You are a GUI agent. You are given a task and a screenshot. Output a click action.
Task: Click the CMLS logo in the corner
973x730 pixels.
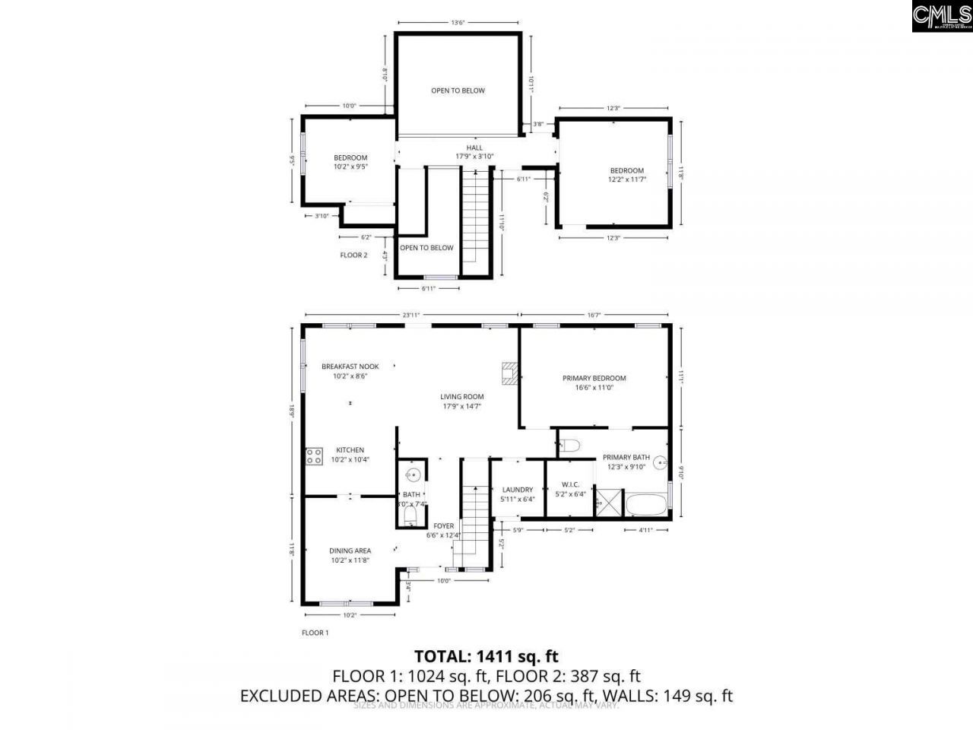pyautogui.click(x=941, y=16)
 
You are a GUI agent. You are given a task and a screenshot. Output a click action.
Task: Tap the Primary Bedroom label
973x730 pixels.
pyautogui.click(x=594, y=382)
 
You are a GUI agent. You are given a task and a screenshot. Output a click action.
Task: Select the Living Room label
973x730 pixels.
pyautogui.click(x=461, y=401)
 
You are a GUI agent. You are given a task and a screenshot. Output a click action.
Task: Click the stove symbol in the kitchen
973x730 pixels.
pyautogui.click(x=313, y=456)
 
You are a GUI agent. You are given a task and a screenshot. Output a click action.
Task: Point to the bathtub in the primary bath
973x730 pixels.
pyautogui.click(x=645, y=504)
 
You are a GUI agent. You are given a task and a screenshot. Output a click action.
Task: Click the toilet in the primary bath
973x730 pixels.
pyautogui.click(x=570, y=445)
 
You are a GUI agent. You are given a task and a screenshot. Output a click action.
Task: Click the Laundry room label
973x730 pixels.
pyautogui.click(x=518, y=494)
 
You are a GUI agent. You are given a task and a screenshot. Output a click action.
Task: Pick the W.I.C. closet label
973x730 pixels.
pyautogui.click(x=570, y=489)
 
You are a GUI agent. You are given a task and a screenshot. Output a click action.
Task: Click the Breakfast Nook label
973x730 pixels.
pyautogui.click(x=350, y=370)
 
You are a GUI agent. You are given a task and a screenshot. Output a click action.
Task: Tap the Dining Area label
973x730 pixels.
pyautogui.click(x=350, y=555)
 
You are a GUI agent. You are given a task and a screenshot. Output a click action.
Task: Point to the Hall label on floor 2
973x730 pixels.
pyautogui.click(x=474, y=152)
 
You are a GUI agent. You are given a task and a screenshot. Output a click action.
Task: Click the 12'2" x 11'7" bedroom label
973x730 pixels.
pyautogui.click(x=626, y=176)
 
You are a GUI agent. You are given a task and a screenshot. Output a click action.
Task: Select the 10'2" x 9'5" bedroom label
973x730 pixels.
pyautogui.click(x=350, y=162)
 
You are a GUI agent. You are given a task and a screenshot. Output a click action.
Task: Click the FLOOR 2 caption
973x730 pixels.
pyautogui.click(x=353, y=255)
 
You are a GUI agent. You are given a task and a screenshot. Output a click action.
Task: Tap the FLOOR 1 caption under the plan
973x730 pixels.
pyautogui.click(x=315, y=633)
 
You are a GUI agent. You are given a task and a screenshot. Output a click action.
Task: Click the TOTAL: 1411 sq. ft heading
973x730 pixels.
pyautogui.click(x=486, y=655)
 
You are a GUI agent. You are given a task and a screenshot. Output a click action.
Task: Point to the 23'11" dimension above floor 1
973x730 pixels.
pyautogui.click(x=411, y=315)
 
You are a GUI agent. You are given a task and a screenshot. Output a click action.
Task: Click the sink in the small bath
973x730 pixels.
pyautogui.click(x=412, y=476)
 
